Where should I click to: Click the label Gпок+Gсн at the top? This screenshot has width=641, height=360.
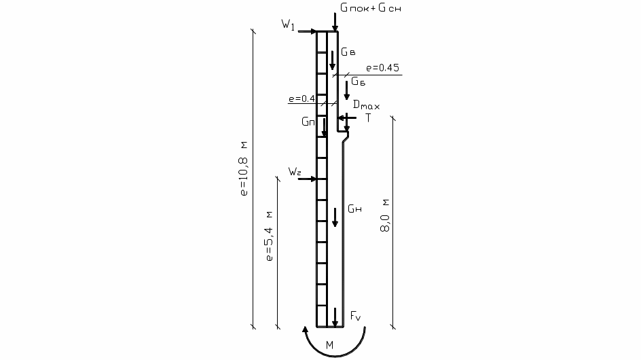pyautogui.click(x=370, y=7)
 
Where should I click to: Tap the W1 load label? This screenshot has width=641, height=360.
pyautogui.click(x=288, y=24)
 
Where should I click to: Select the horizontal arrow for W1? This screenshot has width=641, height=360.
pyautogui.click(x=307, y=31)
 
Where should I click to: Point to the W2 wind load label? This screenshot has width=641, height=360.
pyautogui.click(x=295, y=171)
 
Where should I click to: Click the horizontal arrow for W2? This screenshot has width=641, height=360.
pyautogui.click(x=307, y=179)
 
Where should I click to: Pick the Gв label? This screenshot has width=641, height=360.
pyautogui.click(x=348, y=52)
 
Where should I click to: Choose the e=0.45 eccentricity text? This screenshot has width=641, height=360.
pyautogui.click(x=383, y=67)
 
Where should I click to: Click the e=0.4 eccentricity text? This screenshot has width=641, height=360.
pyautogui.click(x=301, y=98)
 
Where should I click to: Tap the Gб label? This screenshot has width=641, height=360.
pyautogui.click(x=359, y=82)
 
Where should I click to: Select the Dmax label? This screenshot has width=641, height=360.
pyautogui.click(x=366, y=105)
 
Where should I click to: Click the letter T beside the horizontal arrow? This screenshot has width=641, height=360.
pyautogui.click(x=368, y=118)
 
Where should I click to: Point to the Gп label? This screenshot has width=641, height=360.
pyautogui.click(x=308, y=122)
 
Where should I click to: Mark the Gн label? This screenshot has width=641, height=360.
pyautogui.click(x=355, y=209)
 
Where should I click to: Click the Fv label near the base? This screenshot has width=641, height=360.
pyautogui.click(x=356, y=316)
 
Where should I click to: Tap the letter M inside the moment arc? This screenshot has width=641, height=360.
pyautogui.click(x=329, y=345)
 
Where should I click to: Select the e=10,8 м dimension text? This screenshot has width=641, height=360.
pyautogui.click(x=244, y=168)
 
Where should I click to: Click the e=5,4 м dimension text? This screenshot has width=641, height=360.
pyautogui.click(x=269, y=236)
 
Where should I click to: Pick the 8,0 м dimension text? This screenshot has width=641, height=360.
pyautogui.click(x=385, y=215)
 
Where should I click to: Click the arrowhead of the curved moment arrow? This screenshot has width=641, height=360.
pyautogui.click(x=305, y=329)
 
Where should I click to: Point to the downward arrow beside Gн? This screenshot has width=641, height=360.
pyautogui.click(x=335, y=217)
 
